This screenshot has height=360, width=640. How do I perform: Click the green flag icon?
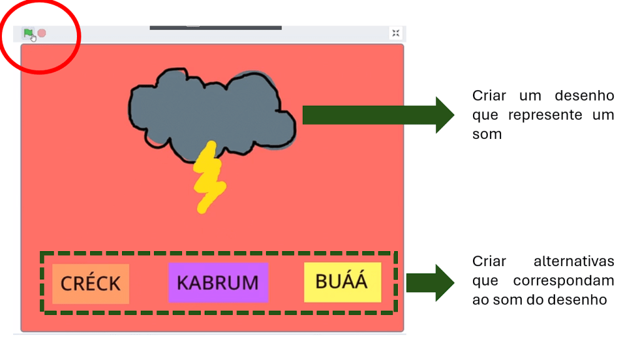[28, 33]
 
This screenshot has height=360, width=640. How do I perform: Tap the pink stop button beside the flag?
[42, 33]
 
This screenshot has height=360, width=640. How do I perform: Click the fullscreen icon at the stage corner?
[395, 33]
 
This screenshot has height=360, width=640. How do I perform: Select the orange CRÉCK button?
[91, 284]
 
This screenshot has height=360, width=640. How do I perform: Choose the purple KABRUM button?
[218, 282]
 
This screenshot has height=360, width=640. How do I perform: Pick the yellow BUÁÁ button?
[342, 282]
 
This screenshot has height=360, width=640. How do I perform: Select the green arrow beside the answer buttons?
[430, 282]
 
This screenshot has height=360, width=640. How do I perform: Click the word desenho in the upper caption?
[584, 96]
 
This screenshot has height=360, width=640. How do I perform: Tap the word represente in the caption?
[542, 115]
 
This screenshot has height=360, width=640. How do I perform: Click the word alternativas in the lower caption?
[574, 261]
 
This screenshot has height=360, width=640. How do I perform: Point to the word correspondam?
[563, 280]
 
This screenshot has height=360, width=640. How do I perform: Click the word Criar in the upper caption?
[489, 96]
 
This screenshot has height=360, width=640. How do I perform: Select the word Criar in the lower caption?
[489, 261]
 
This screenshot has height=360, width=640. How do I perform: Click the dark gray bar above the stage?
[215, 27]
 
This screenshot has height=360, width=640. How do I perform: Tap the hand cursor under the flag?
[33, 38]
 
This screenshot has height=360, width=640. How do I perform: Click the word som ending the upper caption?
[487, 135]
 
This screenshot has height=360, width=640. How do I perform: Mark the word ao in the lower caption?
[480, 300]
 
